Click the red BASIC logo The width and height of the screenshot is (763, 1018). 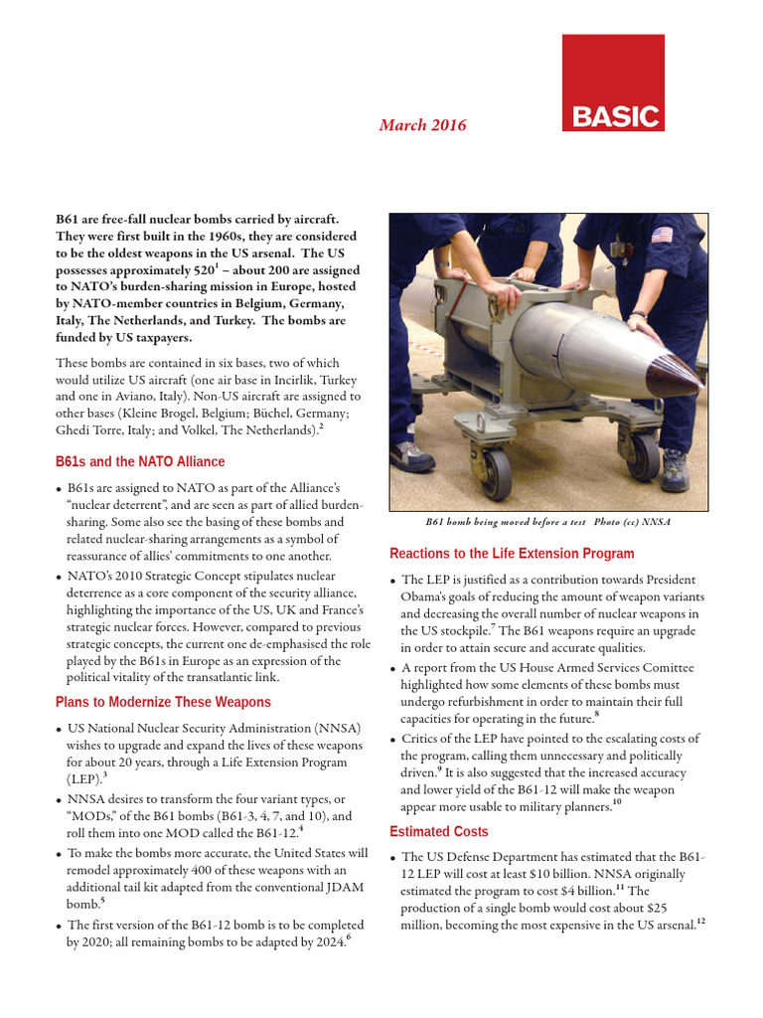613,84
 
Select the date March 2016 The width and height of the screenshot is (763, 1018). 422,125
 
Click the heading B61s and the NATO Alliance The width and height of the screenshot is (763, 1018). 140,461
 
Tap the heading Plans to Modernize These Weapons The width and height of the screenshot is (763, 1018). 163,702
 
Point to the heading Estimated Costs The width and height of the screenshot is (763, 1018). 439,831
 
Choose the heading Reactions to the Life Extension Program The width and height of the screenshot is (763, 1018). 512,553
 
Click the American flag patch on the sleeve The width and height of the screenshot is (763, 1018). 661,236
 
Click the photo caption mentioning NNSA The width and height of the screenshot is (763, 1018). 547,522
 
